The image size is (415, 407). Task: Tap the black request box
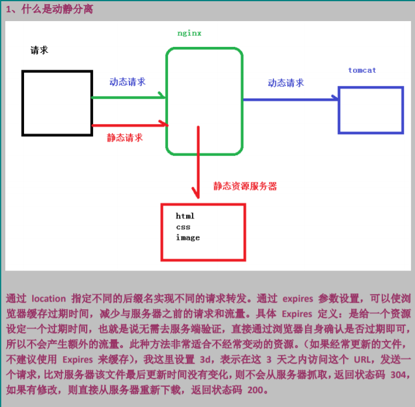tap(57, 102)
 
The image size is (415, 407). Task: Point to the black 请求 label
tap(39, 50)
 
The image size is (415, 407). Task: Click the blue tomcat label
tap(362, 70)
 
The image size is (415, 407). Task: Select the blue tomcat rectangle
tap(371, 110)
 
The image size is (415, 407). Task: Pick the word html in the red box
tap(185, 216)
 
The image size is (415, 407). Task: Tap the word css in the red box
tap(183, 227)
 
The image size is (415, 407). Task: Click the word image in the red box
tap(187, 237)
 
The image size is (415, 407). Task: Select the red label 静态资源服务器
tap(245, 186)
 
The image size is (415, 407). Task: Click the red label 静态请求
tap(125, 138)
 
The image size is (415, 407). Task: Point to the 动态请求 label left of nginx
tap(127, 82)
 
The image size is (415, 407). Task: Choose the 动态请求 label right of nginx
tap(286, 83)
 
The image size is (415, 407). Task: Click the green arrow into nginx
tap(129, 97)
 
